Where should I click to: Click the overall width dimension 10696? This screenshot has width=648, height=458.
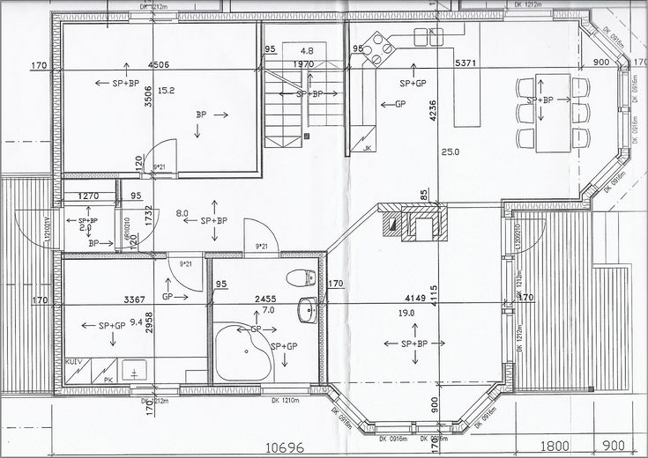tap(285, 447)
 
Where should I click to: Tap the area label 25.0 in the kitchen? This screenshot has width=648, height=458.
tap(451, 152)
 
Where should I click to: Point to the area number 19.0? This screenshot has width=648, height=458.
tap(406, 314)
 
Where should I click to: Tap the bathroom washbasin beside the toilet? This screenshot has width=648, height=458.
tap(309, 310)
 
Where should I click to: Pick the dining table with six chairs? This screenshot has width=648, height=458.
tap(554, 113)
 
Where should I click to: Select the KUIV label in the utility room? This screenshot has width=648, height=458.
tap(74, 363)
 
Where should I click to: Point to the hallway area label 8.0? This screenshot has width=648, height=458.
tap(182, 213)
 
